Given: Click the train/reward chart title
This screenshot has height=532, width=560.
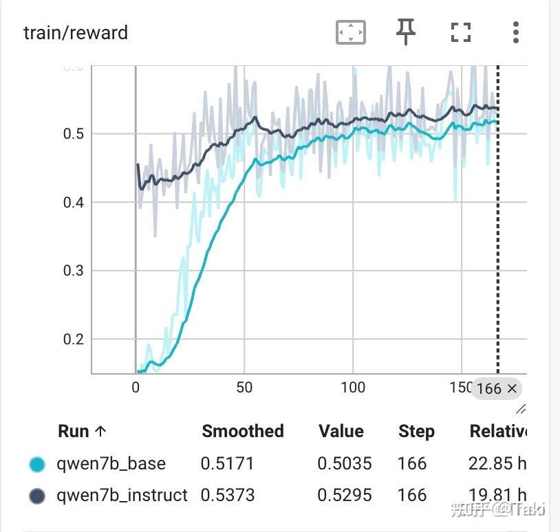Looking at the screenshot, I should (76, 32).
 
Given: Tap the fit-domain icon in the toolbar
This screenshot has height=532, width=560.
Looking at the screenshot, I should (350, 32).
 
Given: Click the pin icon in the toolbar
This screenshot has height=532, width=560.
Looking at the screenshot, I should (406, 32).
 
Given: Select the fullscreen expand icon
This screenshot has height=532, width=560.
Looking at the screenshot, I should (460, 32).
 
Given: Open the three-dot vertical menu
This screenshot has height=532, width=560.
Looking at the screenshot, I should (516, 32).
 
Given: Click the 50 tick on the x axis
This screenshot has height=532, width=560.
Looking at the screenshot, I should (244, 388).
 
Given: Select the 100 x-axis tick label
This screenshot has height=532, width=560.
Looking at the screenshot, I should (353, 388).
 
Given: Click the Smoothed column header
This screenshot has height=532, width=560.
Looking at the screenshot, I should (243, 431).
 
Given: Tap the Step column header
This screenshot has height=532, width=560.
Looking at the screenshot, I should (416, 432).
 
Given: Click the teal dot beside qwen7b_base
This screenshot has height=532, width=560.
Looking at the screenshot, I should (37, 464).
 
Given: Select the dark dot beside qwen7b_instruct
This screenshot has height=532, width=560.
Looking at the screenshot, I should (37, 496).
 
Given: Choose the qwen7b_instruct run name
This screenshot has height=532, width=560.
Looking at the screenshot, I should (122, 495).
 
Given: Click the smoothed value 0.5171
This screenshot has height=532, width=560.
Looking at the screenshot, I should (227, 464).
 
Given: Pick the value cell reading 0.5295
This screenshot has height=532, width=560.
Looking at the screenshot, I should (345, 495).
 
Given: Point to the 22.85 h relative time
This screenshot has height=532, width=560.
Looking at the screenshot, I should (497, 464).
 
